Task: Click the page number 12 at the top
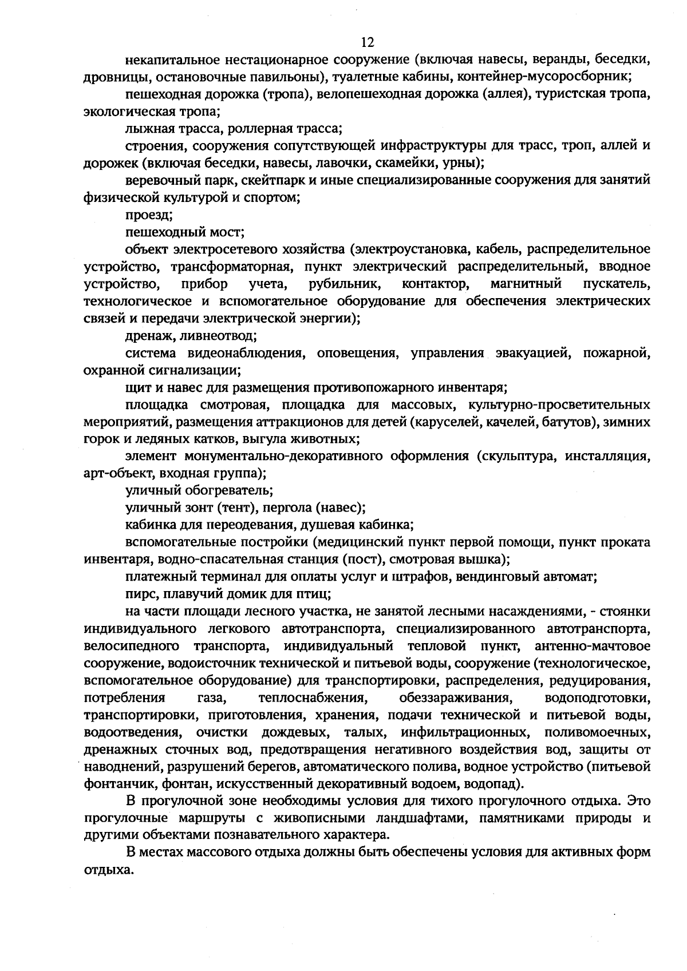coord(367,42)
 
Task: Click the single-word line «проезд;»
coord(149,215)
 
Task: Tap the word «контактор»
coord(437,284)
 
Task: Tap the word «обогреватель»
coord(233,491)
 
